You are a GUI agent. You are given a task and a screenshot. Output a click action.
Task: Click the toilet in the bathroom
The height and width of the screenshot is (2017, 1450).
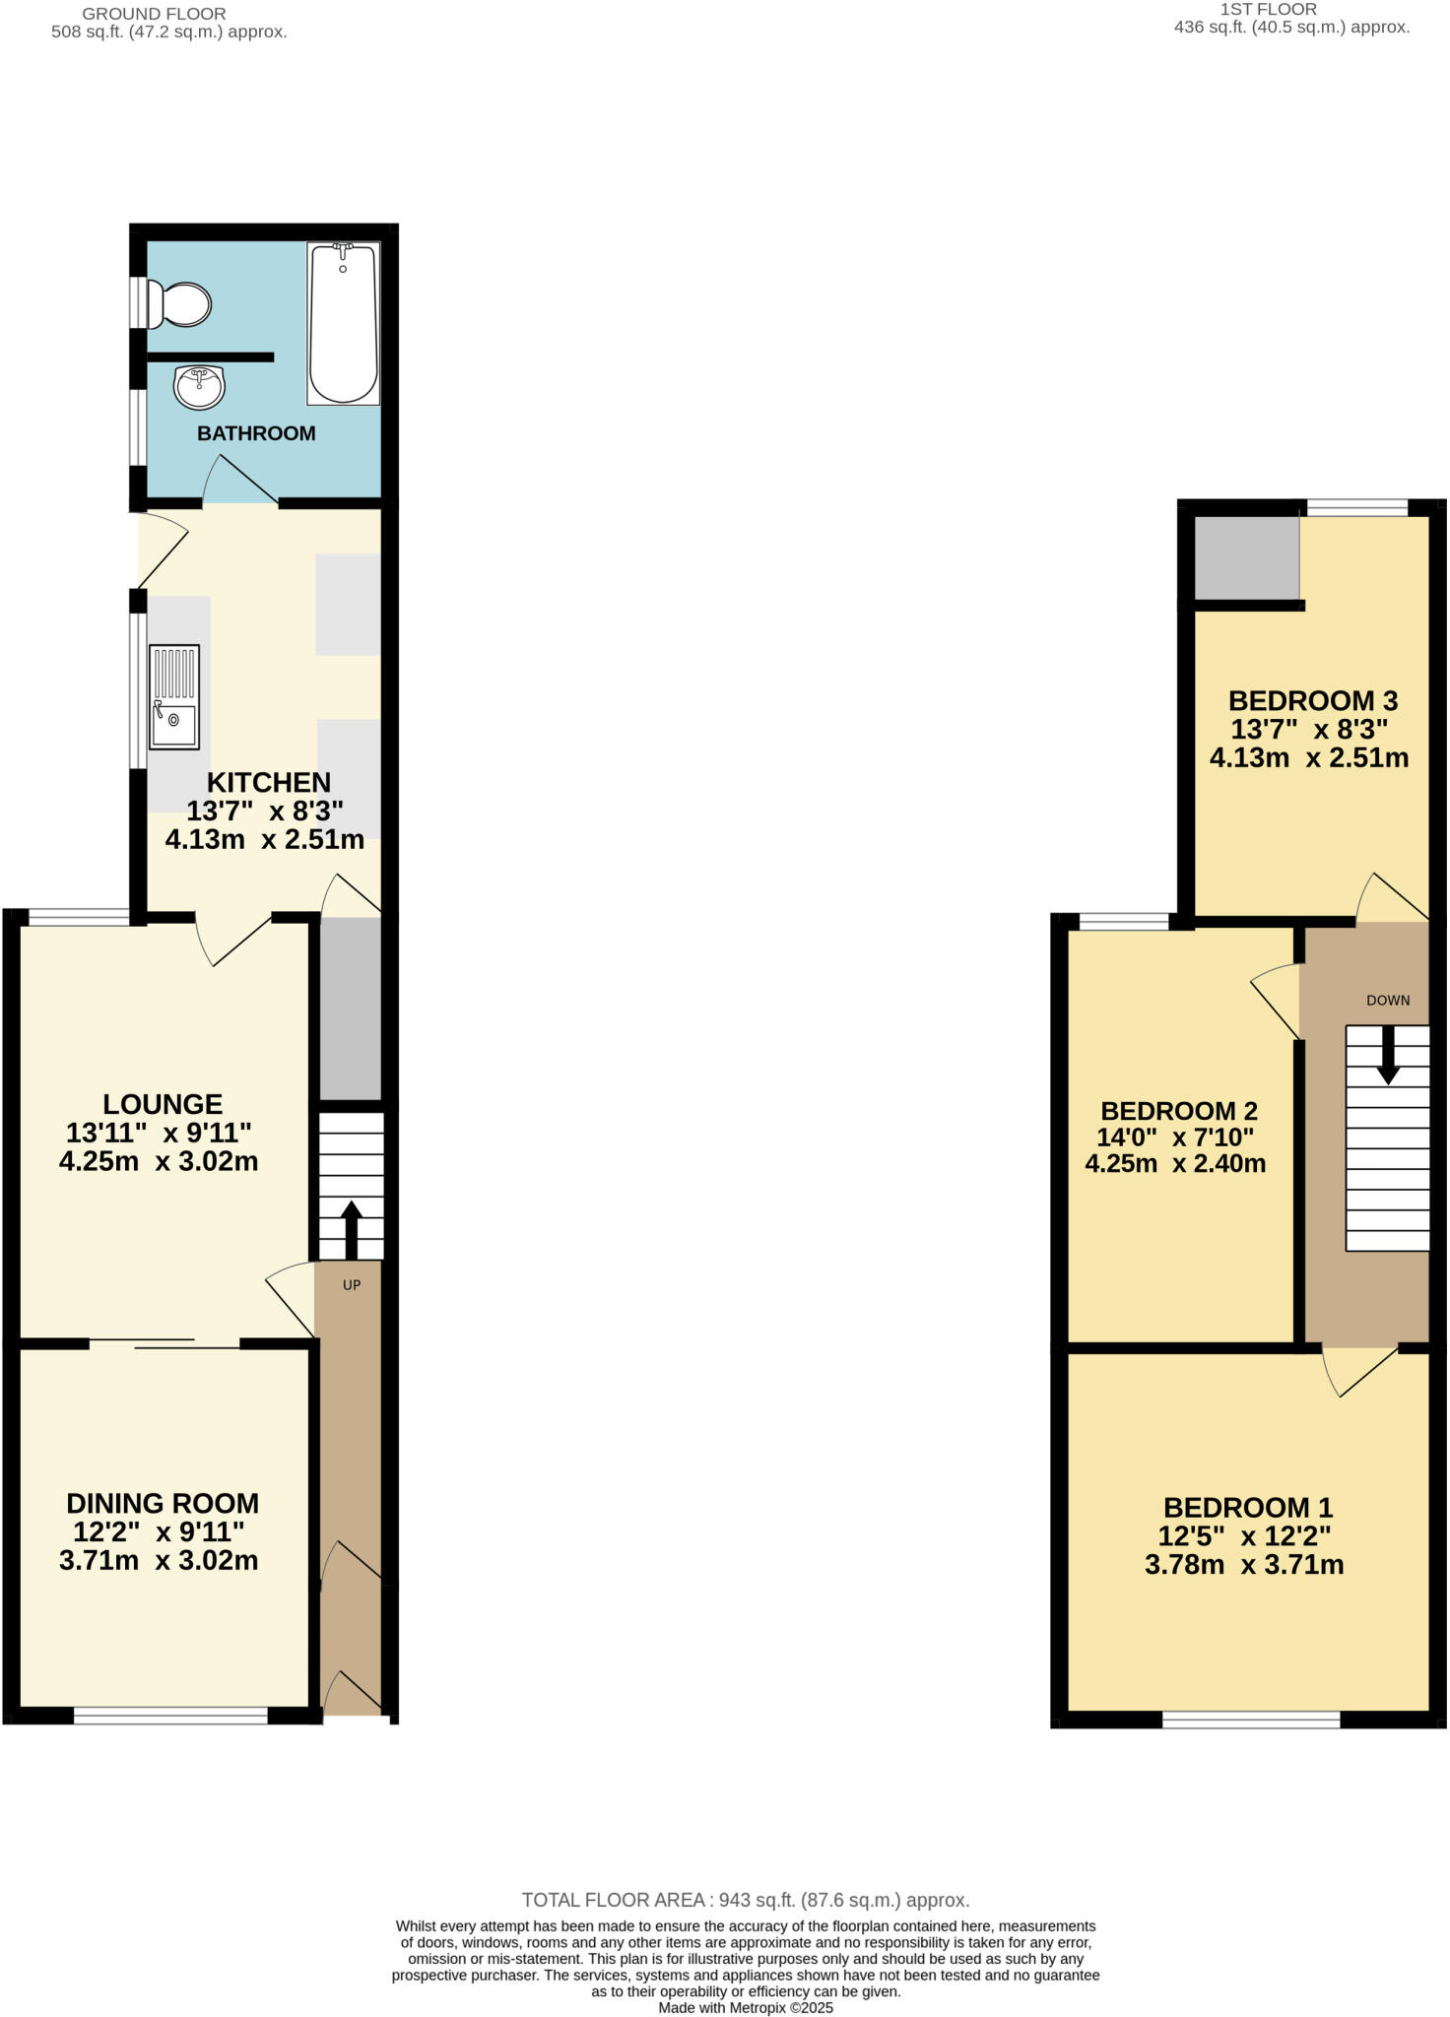coord(180,304)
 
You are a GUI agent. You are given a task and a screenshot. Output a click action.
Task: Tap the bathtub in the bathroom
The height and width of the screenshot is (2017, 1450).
coord(343,323)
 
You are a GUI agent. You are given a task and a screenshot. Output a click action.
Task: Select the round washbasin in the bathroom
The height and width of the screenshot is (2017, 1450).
coord(199,386)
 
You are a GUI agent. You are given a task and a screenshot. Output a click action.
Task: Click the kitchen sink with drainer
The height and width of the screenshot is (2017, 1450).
coord(173,696)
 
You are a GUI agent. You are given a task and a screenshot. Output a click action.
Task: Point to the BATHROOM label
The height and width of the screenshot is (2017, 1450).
coord(256,433)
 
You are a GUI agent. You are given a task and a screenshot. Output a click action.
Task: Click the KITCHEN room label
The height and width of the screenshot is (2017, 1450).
coord(268,782)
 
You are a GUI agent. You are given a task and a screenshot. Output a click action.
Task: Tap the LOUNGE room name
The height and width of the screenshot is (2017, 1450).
coord(163,1104)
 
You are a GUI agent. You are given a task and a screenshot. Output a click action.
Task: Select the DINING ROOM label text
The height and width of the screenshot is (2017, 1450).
coord(163,1503)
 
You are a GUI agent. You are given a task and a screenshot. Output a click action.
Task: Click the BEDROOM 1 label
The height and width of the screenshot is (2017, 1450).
coord(1247,1507)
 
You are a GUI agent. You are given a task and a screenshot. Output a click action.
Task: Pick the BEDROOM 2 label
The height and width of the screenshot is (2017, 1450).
coord(1178,1111)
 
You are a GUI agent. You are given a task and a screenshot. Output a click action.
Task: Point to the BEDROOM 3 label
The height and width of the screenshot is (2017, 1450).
coord(1312,701)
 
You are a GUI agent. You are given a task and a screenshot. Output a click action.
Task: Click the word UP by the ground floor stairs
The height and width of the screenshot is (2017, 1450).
coord(351,1285)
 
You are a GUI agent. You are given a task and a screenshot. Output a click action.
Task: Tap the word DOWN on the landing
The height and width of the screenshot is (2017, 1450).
coord(1387,1001)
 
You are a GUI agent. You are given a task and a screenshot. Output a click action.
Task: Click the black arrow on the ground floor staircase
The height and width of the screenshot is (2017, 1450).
coord(350,1226)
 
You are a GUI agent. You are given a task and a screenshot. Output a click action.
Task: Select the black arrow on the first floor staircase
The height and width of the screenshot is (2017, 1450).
coord(1387,1054)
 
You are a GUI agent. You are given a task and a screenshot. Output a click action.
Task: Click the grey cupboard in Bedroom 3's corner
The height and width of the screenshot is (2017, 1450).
coord(1246,557)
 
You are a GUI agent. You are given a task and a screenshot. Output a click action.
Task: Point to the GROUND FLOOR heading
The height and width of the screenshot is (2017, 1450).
coord(154,14)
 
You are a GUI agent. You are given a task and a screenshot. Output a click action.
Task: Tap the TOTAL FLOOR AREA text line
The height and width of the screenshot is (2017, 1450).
coord(745,1900)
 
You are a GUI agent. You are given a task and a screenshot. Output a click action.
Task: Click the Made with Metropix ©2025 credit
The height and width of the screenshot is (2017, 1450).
coord(745,2007)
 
